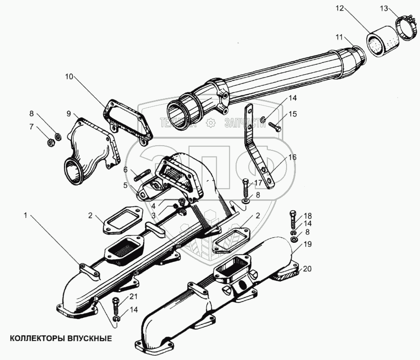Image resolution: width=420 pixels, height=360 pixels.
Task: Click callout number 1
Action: pyautogui.click(x=26, y=215)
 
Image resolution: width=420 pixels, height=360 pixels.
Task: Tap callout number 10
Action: pyautogui.click(x=69, y=77)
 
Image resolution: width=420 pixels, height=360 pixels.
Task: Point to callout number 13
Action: pyautogui.click(x=383, y=8)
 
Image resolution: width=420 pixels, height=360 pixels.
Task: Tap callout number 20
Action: pyautogui.click(x=307, y=268)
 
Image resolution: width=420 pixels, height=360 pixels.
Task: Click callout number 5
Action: pyautogui.click(x=125, y=185)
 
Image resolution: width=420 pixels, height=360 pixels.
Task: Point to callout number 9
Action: pyautogui.click(x=69, y=113)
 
